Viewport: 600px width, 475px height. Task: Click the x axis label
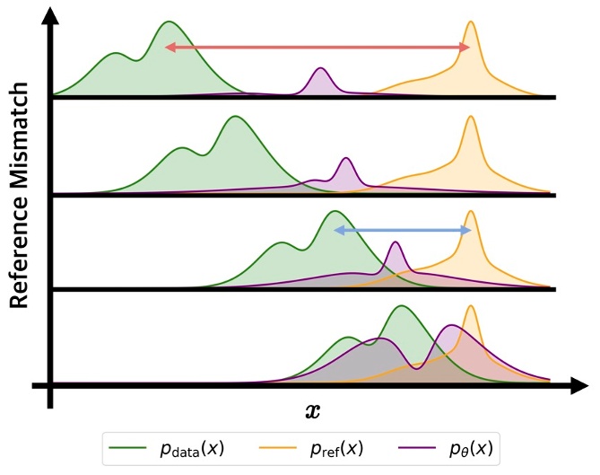312,411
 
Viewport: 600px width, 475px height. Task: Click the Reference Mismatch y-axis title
22,198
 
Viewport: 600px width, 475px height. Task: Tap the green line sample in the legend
126,446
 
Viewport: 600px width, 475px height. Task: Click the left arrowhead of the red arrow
170,47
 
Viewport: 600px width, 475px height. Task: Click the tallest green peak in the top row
169,22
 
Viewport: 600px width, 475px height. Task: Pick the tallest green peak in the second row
235,117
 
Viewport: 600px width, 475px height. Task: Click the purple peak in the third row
396,243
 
